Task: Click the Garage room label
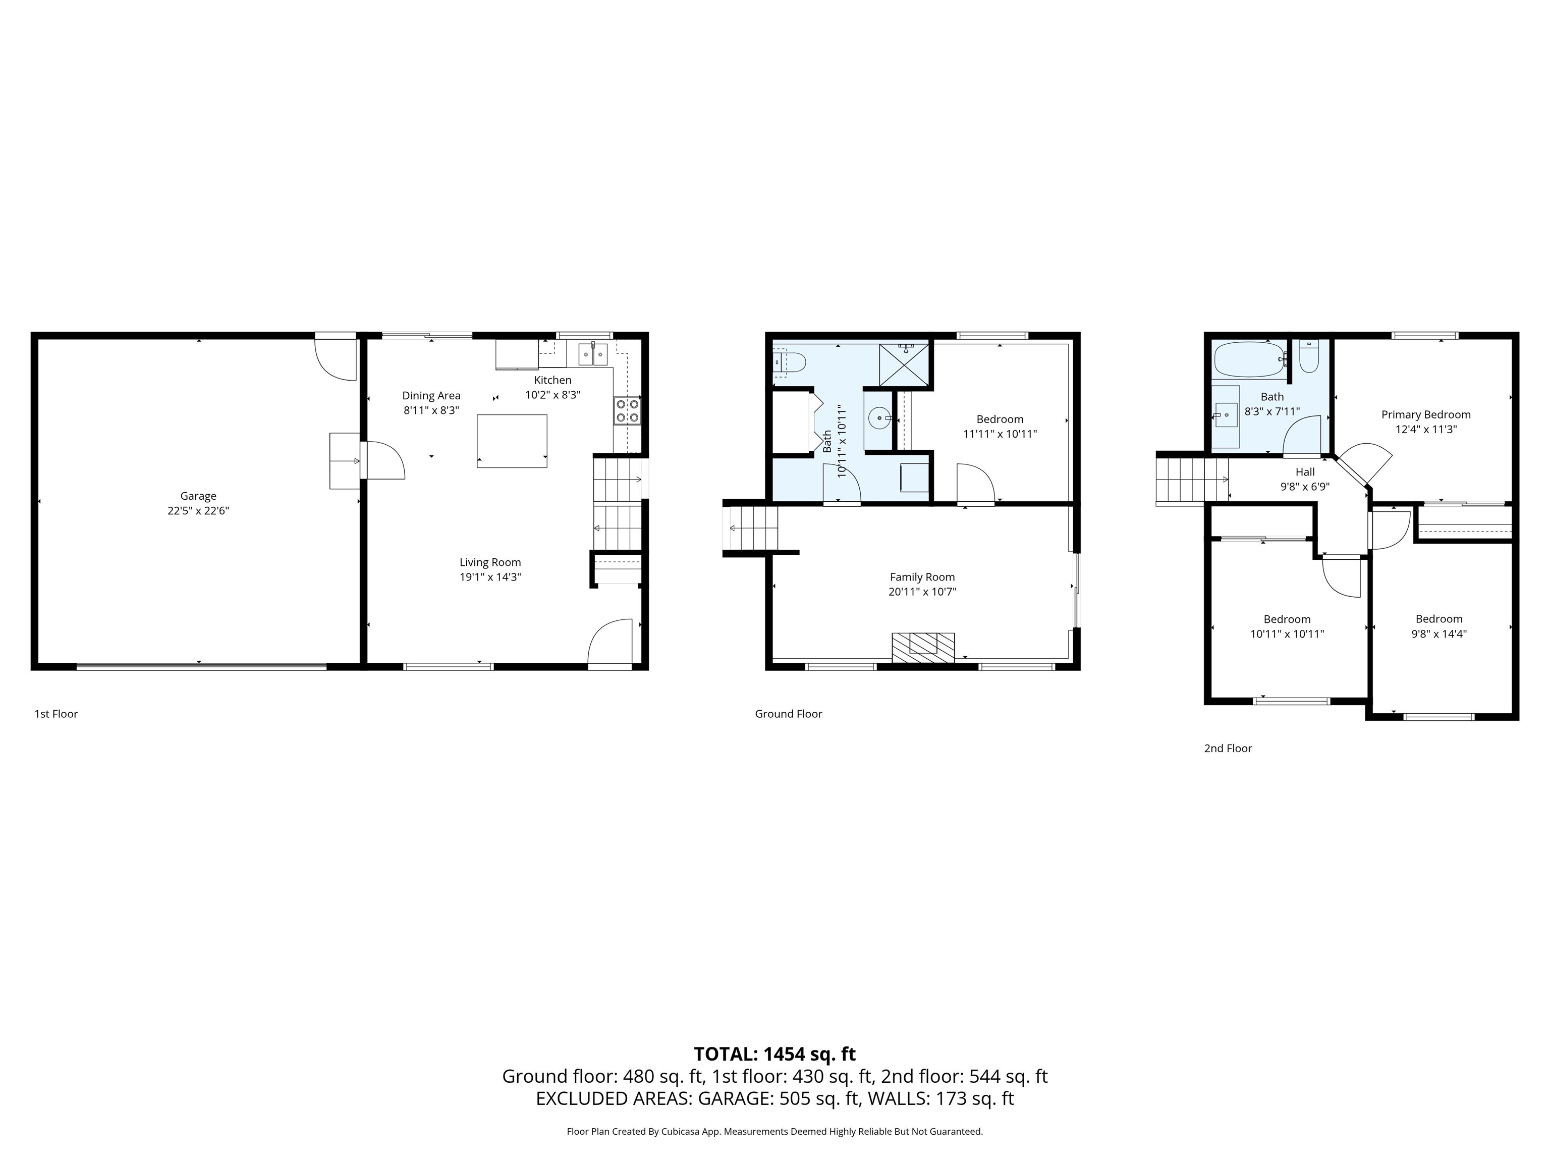click(x=198, y=496)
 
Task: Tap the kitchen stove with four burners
click(x=627, y=411)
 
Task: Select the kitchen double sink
click(x=593, y=355)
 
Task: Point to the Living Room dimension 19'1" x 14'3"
click(x=490, y=577)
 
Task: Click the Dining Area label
click(x=431, y=395)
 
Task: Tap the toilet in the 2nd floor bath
click(x=1308, y=357)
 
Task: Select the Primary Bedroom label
click(x=1425, y=414)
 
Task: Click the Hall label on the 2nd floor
click(x=1305, y=472)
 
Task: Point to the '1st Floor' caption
click(x=56, y=714)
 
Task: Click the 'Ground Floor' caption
click(x=788, y=714)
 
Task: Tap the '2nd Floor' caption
click(x=1228, y=748)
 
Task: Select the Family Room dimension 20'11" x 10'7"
click(x=922, y=592)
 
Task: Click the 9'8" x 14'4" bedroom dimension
click(x=1438, y=633)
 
